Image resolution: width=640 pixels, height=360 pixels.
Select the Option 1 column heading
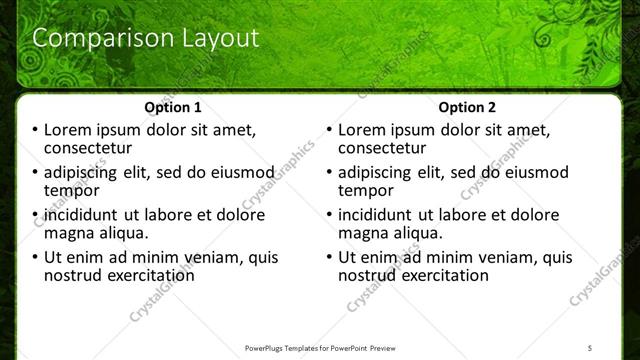click(x=173, y=107)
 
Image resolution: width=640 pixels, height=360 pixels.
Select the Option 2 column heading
click(x=466, y=107)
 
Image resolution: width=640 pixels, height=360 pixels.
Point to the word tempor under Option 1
click(x=71, y=190)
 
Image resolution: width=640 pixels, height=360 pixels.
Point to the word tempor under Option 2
click(x=366, y=190)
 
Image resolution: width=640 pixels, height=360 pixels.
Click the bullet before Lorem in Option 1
click(x=35, y=130)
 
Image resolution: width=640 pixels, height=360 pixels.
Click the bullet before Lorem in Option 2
click(x=330, y=130)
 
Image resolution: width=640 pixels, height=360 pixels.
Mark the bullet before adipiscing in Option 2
click(x=330, y=173)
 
